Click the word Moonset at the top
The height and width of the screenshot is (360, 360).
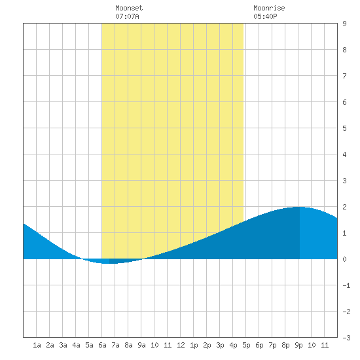click(x=129, y=8)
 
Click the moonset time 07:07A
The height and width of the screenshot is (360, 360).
click(x=127, y=16)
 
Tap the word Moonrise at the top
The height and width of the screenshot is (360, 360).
click(x=269, y=8)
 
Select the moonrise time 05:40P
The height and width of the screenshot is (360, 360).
click(x=265, y=16)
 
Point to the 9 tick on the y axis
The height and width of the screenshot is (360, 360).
click(x=344, y=24)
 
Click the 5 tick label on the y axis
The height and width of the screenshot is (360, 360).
click(x=344, y=128)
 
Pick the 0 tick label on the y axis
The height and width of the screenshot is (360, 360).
click(x=344, y=259)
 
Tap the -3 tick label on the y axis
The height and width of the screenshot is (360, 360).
click(x=346, y=338)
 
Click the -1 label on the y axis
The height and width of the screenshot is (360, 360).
click(x=346, y=285)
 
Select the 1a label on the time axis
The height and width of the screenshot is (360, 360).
click(x=37, y=345)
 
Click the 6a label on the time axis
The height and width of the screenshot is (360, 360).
click(x=102, y=345)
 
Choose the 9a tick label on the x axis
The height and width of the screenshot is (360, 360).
click(x=141, y=345)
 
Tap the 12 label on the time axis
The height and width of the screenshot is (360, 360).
click(x=181, y=345)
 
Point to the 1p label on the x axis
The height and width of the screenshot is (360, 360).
click(x=194, y=345)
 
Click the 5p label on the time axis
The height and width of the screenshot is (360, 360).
click(x=246, y=345)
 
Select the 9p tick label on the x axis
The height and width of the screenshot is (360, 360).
click(x=298, y=345)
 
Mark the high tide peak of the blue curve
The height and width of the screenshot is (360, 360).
click(x=299, y=207)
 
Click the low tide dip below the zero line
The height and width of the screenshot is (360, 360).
click(x=109, y=263)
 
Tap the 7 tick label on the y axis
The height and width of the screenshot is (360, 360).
click(x=344, y=76)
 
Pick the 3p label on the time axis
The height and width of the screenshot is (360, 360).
click(x=220, y=345)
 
